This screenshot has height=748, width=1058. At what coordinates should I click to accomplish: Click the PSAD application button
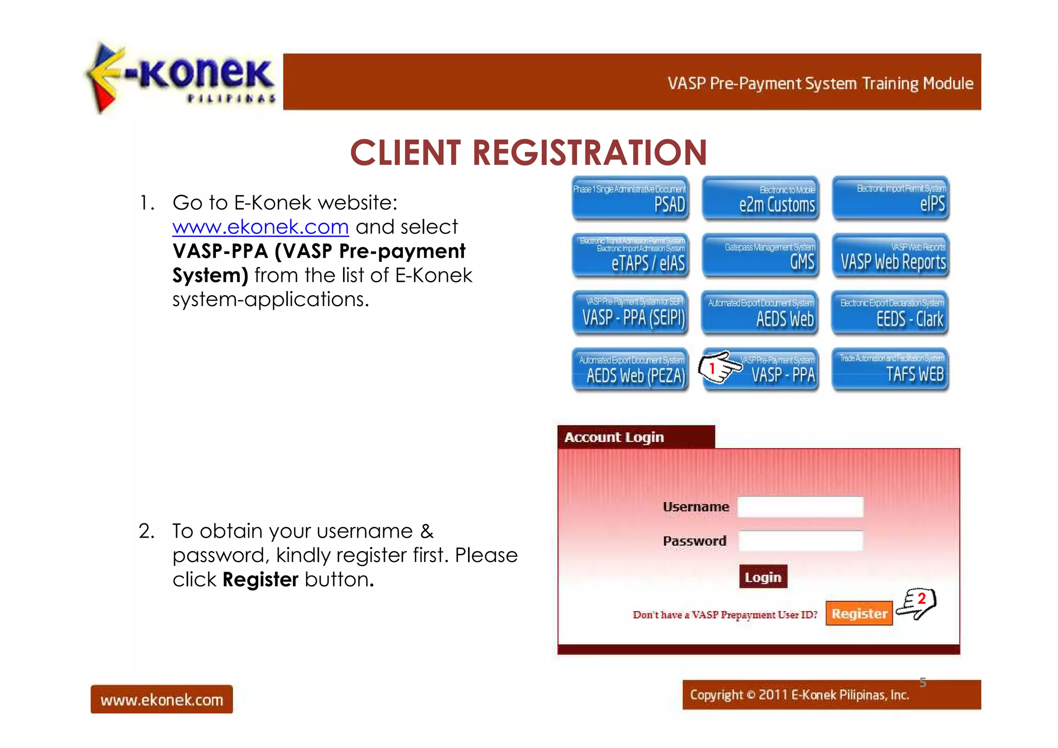[630, 199]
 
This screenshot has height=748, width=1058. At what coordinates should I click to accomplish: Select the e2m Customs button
[760, 199]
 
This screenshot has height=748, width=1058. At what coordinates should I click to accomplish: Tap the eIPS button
[891, 199]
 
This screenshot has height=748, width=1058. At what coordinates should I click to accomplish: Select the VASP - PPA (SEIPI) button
[630, 313]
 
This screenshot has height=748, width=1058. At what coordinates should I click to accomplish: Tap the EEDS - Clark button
[891, 313]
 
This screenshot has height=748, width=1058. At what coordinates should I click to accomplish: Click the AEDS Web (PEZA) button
[630, 370]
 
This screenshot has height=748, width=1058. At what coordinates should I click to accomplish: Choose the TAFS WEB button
[891, 370]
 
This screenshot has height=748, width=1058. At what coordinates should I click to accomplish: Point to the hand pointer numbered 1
[718, 368]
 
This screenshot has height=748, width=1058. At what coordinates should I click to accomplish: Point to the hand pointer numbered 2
[916, 603]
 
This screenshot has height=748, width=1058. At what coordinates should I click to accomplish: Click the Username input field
[800, 507]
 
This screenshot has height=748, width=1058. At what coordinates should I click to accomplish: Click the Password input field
[800, 541]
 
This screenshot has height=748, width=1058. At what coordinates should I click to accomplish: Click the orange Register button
[859, 614]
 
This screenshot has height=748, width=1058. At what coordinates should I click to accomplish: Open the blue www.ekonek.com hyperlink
[260, 227]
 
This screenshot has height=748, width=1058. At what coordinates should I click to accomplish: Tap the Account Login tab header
[635, 437]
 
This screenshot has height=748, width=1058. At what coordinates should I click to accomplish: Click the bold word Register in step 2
[260, 580]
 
